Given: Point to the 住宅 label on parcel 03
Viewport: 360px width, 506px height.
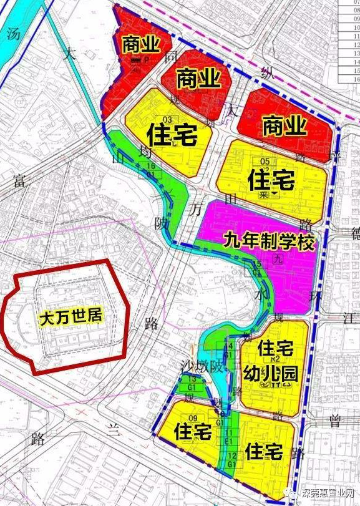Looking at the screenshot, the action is tap(172, 135).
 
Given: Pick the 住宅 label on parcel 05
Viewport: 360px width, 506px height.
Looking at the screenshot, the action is tap(271, 181).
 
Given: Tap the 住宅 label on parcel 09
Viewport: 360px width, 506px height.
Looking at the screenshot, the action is tap(193, 431).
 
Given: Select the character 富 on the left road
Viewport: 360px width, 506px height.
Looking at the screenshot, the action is tap(17, 182).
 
